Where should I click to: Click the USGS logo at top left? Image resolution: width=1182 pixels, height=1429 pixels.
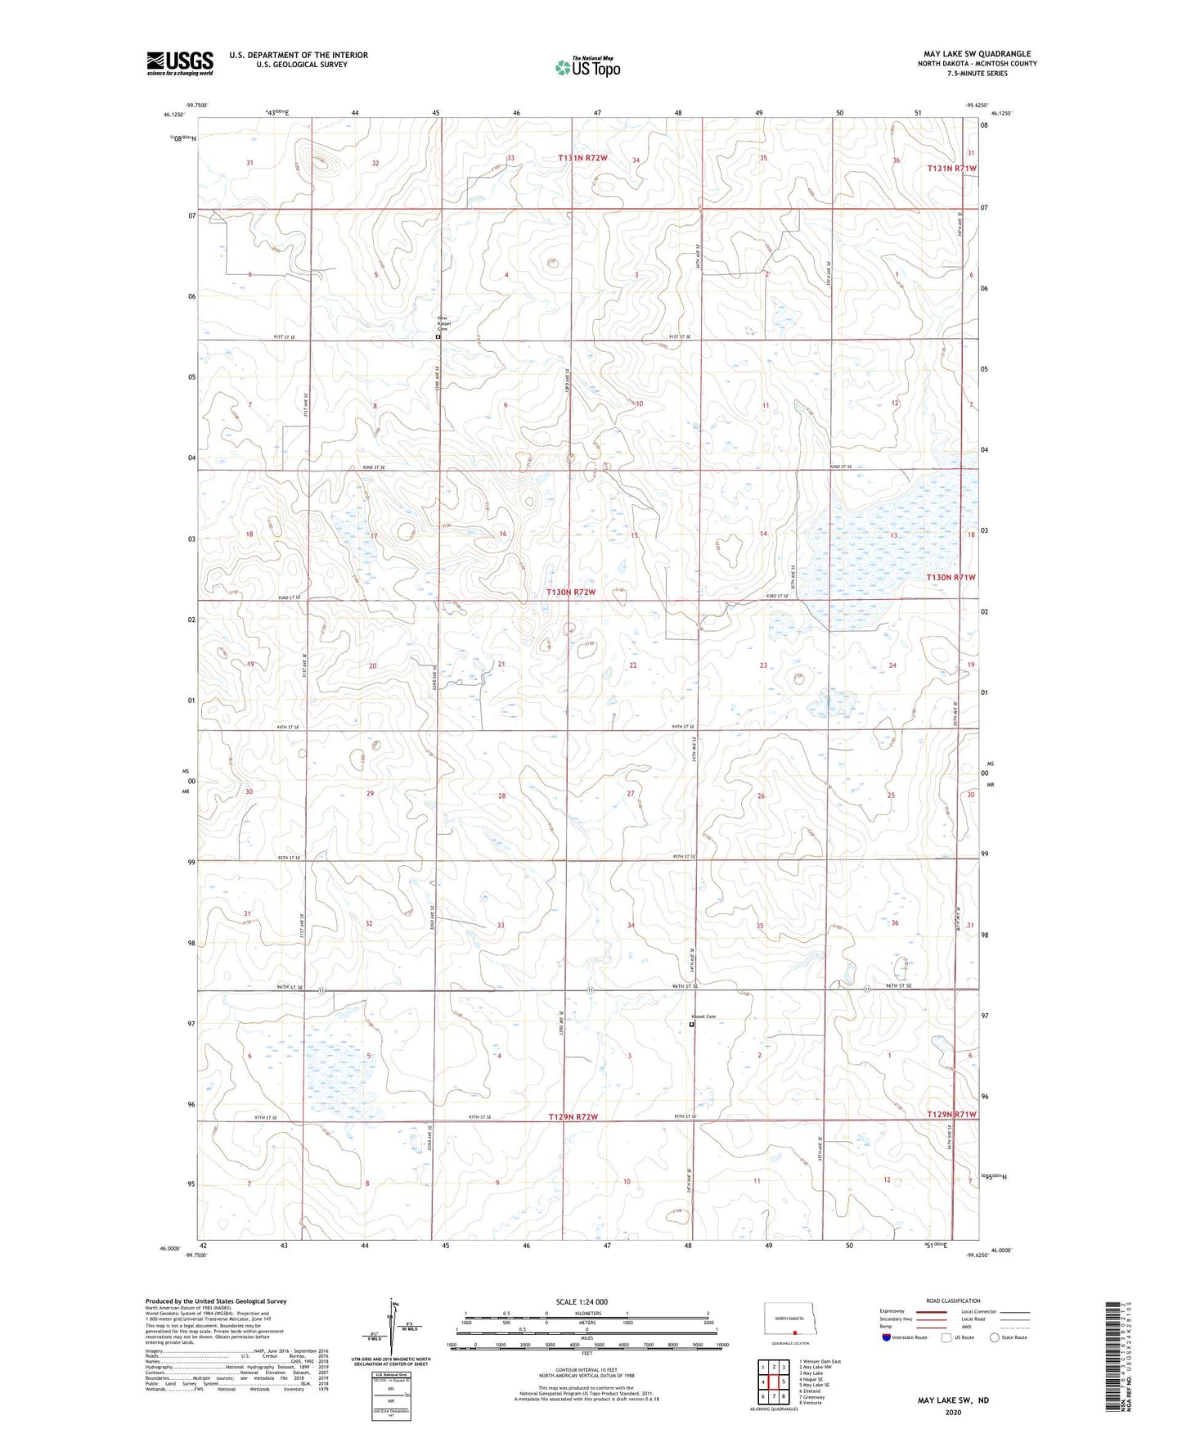[180, 63]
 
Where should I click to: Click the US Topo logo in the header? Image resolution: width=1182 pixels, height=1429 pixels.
[587, 67]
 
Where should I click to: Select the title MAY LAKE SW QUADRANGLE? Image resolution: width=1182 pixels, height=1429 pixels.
[977, 54]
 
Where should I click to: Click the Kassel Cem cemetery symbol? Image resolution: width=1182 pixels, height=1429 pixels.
[692, 1024]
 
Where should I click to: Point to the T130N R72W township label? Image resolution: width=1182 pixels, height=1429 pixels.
[570, 592]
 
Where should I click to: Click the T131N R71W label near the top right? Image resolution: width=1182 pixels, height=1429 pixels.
[951, 168]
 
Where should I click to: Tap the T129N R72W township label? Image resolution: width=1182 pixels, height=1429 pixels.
[573, 1116]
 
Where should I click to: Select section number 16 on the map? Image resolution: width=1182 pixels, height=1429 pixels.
[503, 534]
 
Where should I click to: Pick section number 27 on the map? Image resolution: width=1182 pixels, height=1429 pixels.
[630, 794]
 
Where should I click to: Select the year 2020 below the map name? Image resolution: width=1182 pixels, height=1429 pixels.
[953, 1412]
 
